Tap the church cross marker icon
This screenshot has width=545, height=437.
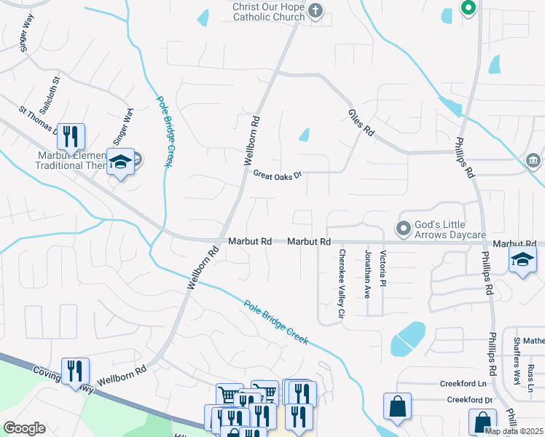tap(315, 10)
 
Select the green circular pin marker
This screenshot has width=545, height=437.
tap(467, 9)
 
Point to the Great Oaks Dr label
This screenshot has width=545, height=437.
tap(277, 174)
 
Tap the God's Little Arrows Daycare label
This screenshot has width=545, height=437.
tap(450, 229)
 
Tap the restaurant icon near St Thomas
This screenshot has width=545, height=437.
tap(71, 135)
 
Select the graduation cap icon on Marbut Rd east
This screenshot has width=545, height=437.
tap(522, 260)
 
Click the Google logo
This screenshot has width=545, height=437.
tap(24, 428)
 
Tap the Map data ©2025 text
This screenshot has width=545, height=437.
tap(514, 431)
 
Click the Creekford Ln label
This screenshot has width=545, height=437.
tap(463, 383)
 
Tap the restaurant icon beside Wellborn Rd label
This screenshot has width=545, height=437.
tap(75, 371)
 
